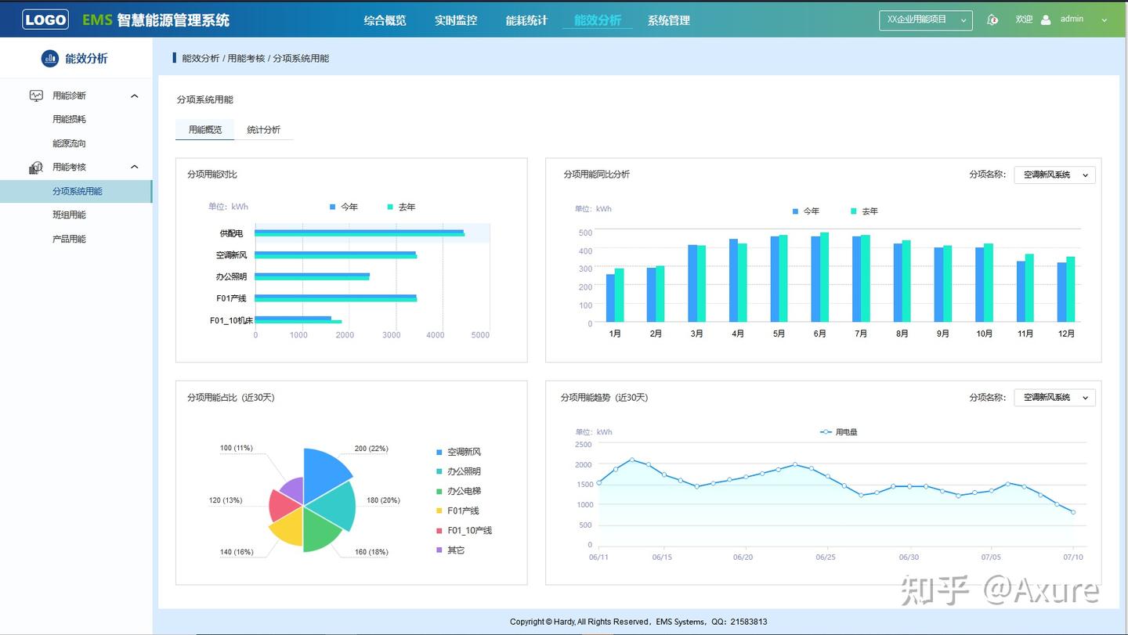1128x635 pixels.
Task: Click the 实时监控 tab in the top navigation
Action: click(x=456, y=20)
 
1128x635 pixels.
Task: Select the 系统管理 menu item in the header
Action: click(x=668, y=20)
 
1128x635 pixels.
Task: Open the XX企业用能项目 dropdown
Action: click(x=925, y=20)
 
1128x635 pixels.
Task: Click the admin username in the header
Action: click(x=1072, y=19)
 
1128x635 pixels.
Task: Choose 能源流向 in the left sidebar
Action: click(x=69, y=143)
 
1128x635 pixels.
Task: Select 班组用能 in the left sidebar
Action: click(x=69, y=215)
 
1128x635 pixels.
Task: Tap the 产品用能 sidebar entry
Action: click(x=69, y=239)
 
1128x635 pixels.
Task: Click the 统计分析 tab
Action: click(x=263, y=130)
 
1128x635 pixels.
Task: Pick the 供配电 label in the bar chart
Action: click(x=231, y=233)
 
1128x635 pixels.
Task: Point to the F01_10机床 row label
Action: click(x=231, y=320)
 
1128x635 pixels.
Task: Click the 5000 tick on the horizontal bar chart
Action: click(x=480, y=335)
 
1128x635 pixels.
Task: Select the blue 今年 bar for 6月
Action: click(x=815, y=279)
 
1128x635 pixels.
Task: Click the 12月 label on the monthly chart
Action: click(x=1065, y=334)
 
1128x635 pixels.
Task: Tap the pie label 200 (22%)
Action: click(x=371, y=449)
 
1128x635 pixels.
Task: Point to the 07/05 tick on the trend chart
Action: click(x=991, y=557)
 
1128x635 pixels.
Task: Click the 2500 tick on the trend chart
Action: click(x=583, y=444)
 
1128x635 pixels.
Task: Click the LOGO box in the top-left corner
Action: click(x=45, y=20)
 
